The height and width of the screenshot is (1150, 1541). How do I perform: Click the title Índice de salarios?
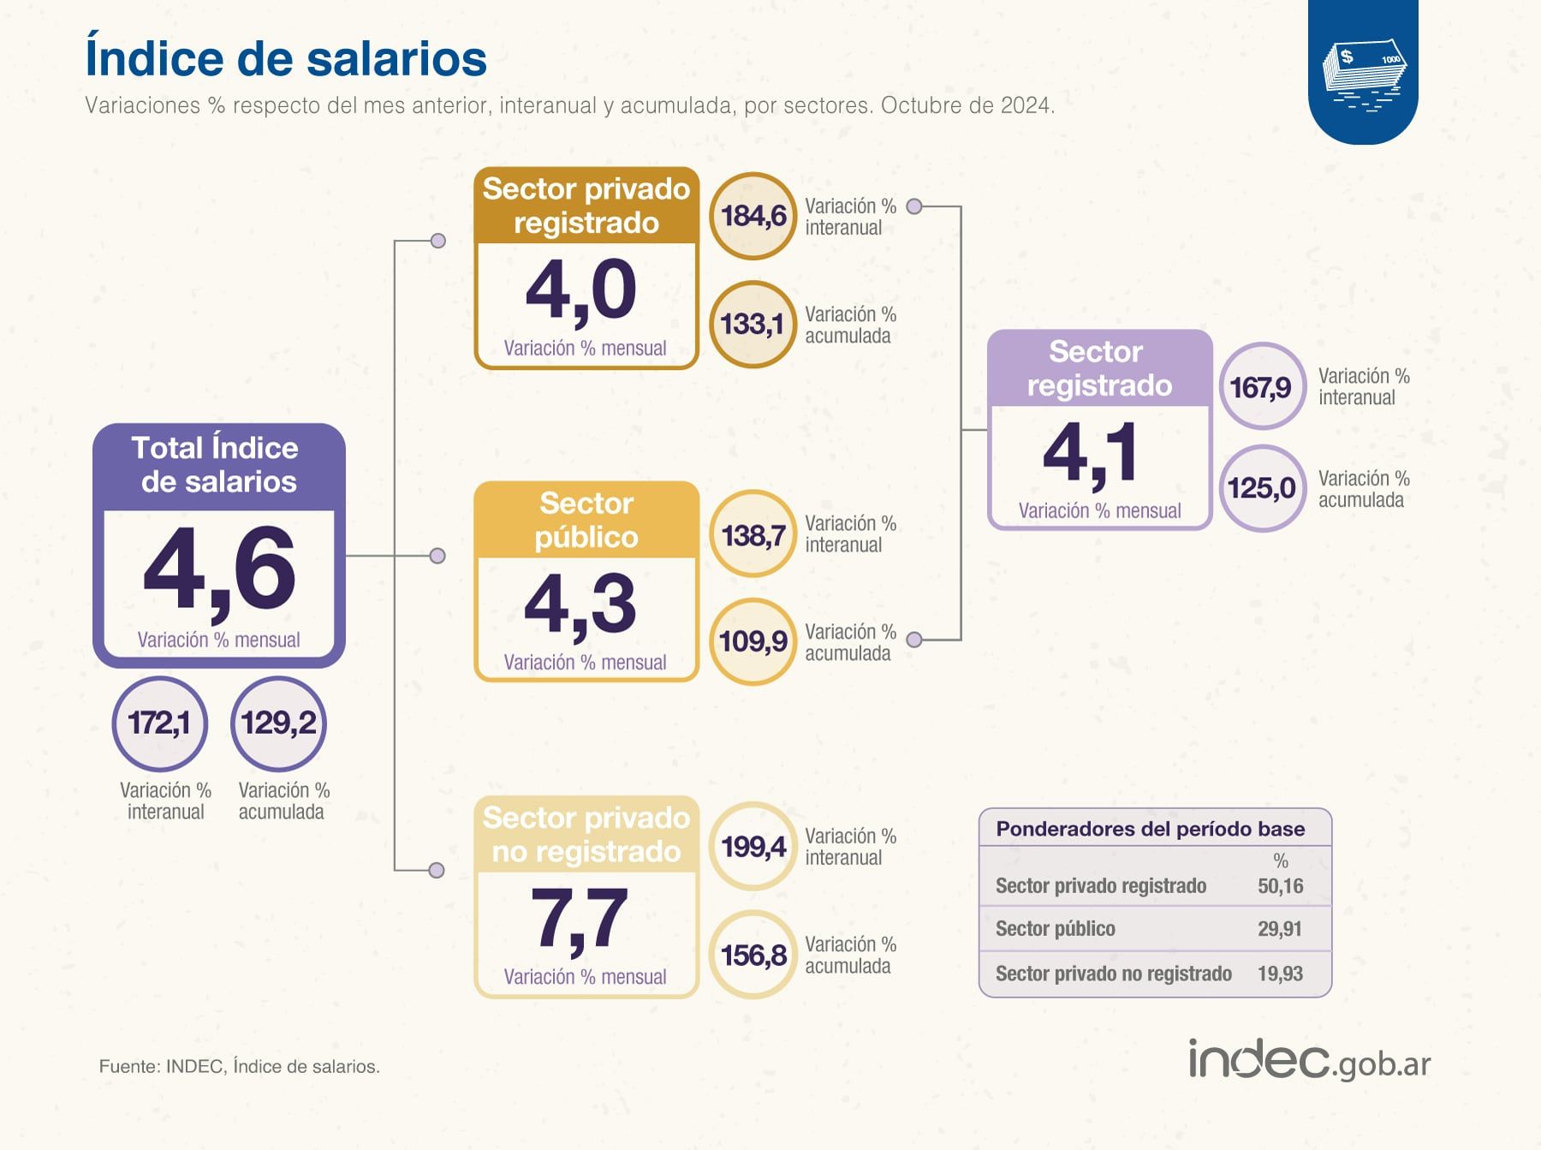[286, 58]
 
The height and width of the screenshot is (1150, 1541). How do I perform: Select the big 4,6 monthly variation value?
[219, 570]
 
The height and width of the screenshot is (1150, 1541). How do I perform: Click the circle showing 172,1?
[159, 724]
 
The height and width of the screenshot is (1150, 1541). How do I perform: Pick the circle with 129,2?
[278, 724]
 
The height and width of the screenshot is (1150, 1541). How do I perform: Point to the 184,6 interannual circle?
[753, 216]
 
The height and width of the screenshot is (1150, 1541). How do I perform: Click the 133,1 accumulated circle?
[753, 325]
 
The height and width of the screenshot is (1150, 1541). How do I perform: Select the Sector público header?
[586, 520]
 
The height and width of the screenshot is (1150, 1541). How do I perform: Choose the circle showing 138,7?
[753, 535]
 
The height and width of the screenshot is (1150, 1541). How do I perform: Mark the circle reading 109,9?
[753, 641]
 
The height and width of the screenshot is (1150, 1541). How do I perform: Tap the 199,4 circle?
[753, 847]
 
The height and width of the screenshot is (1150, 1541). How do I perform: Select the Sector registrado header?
[1099, 369]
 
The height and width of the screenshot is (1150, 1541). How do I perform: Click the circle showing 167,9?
[1262, 387]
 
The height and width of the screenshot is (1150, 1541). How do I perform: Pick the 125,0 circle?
[1262, 489]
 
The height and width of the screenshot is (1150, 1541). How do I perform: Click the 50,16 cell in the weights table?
[1280, 886]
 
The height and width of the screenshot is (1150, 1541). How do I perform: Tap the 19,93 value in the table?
[1280, 974]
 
